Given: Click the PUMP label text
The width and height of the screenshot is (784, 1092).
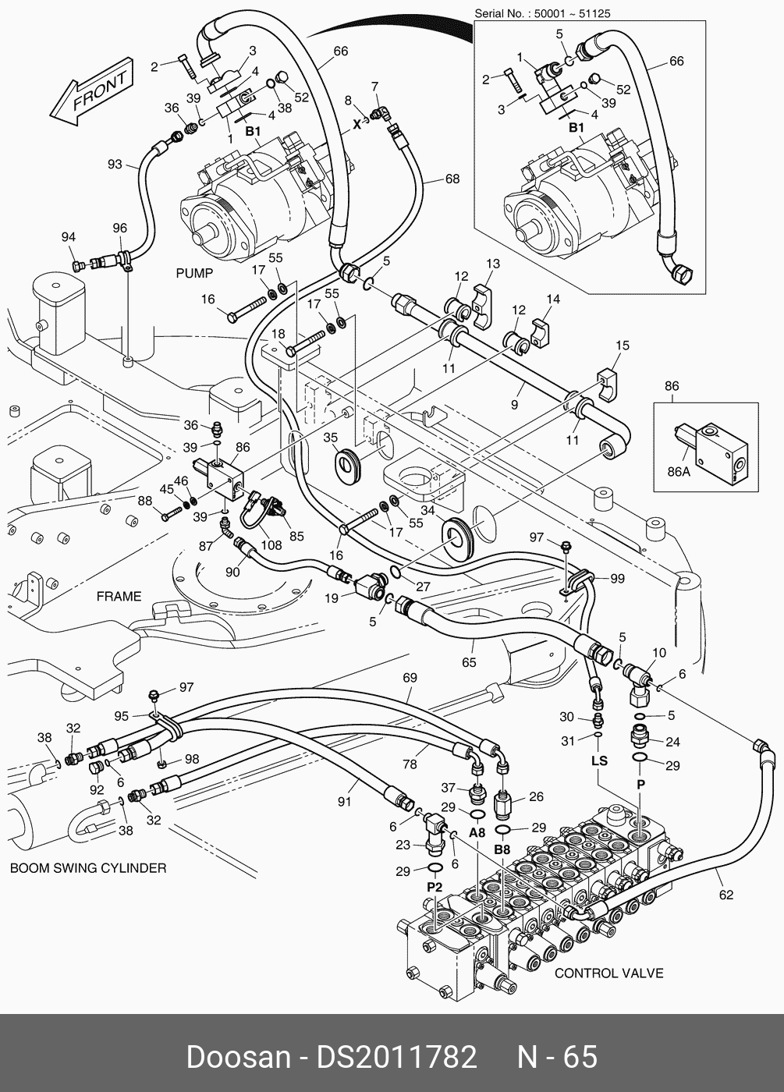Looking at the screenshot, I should (x=194, y=274).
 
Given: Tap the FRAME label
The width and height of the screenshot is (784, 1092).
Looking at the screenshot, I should (x=119, y=597).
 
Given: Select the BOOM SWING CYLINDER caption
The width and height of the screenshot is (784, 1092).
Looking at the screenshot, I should (x=87, y=868).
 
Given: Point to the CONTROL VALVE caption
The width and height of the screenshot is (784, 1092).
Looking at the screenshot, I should (x=608, y=973).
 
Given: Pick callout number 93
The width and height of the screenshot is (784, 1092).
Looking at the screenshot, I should (x=115, y=164).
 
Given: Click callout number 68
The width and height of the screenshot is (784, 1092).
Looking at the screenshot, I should (x=452, y=179).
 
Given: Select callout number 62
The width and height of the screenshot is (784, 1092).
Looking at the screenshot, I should (x=726, y=895).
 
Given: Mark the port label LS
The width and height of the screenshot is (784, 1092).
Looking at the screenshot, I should (x=598, y=760).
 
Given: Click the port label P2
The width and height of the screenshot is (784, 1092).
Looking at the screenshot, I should (x=435, y=888).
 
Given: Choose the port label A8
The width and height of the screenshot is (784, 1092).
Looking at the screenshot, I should (x=477, y=832).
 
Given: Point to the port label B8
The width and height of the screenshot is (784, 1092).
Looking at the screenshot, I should (x=502, y=849).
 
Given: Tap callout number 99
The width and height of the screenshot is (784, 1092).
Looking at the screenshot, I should (x=617, y=578).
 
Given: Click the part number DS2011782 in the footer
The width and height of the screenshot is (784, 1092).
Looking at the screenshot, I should (x=396, y=1057).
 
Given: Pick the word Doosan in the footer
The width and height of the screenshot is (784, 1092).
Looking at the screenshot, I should (x=237, y=1057).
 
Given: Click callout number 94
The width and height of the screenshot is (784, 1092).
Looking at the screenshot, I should (x=69, y=237).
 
